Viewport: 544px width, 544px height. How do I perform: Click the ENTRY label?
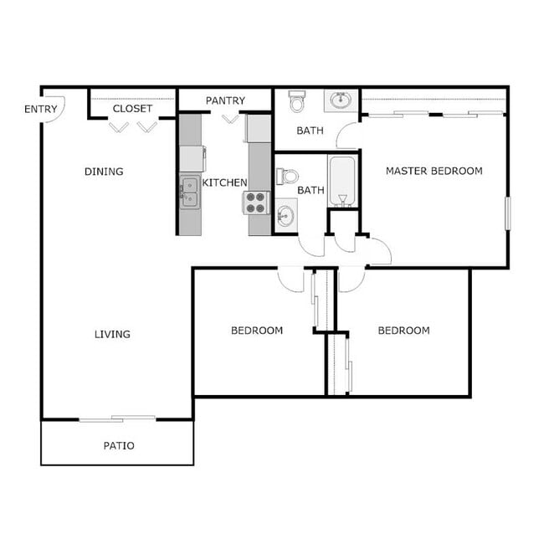pos(41,109)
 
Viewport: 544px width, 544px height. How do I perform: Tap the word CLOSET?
pos(132,109)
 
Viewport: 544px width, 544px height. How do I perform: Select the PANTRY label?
pos(225,100)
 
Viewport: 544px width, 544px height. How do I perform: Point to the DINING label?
pos(104,172)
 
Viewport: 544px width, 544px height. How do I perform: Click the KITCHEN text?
pos(225,182)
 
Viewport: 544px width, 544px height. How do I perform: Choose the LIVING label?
pos(112,334)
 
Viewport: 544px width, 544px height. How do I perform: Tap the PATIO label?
pos(119,445)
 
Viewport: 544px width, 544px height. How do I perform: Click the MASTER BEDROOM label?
pos(434,171)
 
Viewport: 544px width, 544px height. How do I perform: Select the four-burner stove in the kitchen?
pos(255,203)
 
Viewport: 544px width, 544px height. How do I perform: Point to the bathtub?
pos(341,180)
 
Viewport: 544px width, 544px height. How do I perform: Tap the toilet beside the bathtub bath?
pos(288,177)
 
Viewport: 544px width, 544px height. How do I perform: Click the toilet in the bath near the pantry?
pos(297,102)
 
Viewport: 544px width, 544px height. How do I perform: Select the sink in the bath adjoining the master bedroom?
pos(341,100)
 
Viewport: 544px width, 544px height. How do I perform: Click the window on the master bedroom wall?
pos(506,213)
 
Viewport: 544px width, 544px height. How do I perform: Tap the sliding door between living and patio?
pos(117,418)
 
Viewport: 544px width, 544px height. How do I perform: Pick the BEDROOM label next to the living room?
pos(257,331)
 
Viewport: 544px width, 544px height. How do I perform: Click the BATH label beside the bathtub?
pos(311,190)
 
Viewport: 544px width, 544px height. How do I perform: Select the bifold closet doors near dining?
pos(133,126)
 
